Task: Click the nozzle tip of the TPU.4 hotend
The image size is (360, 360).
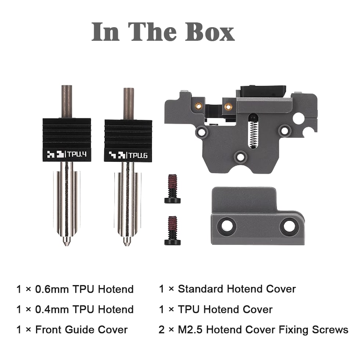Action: [66, 242]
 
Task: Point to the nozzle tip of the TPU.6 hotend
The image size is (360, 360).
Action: [127, 242]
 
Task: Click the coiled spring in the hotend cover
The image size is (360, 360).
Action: [253, 134]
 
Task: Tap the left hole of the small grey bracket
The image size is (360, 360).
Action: [227, 225]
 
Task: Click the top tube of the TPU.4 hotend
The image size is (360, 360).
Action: [66, 101]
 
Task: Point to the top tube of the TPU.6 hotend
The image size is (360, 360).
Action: [128, 103]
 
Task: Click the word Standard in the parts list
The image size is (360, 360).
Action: [201, 289]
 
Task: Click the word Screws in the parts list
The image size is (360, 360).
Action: [330, 330]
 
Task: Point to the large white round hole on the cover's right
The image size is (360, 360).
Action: [299, 119]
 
